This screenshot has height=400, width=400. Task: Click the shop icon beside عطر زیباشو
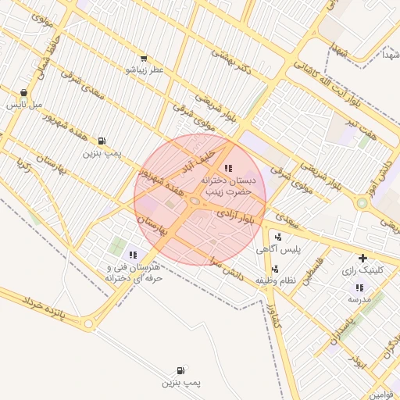pos(143,58)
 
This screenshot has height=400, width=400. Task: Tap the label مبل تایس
pos(24,104)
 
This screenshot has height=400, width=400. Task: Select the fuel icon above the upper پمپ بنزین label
pos(102,141)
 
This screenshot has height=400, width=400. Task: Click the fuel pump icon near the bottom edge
pos(181,370)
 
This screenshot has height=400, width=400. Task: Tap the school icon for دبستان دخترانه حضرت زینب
pos(227,168)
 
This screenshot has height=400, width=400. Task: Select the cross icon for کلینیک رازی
pos(362,258)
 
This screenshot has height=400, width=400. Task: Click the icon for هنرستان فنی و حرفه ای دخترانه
pos(132,255)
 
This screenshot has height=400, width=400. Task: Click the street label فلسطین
pos(312,270)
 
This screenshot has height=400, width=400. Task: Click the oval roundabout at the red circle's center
pos(195,202)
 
